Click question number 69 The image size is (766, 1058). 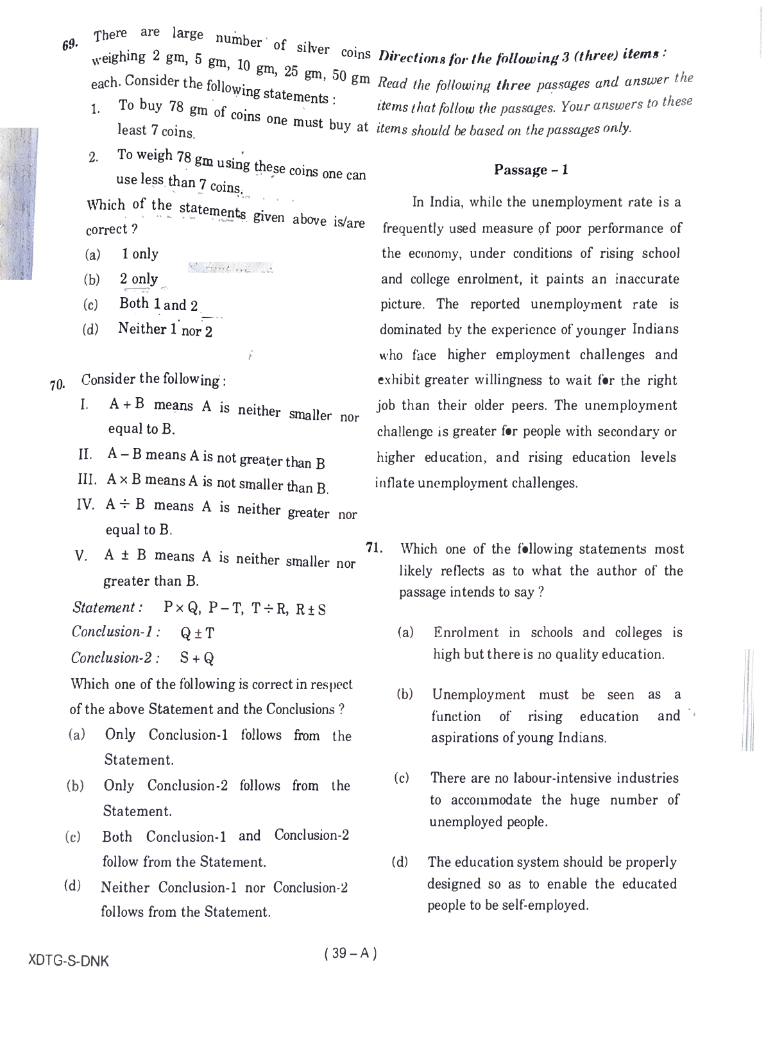[x=70, y=44]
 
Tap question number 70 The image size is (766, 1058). [x=57, y=385]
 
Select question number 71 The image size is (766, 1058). [x=375, y=547]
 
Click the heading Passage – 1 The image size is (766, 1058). [x=531, y=170]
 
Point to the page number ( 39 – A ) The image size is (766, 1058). [x=351, y=953]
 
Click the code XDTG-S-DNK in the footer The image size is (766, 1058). [x=69, y=961]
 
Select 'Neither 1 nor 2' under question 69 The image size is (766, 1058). [x=165, y=330]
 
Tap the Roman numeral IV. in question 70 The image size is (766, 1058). [x=85, y=504]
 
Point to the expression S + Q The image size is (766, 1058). [x=197, y=658]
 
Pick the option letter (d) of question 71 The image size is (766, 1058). [x=400, y=862]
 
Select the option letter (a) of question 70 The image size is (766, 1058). [x=76, y=735]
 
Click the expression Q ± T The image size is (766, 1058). [x=198, y=633]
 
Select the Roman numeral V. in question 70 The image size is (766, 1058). [x=81, y=556]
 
